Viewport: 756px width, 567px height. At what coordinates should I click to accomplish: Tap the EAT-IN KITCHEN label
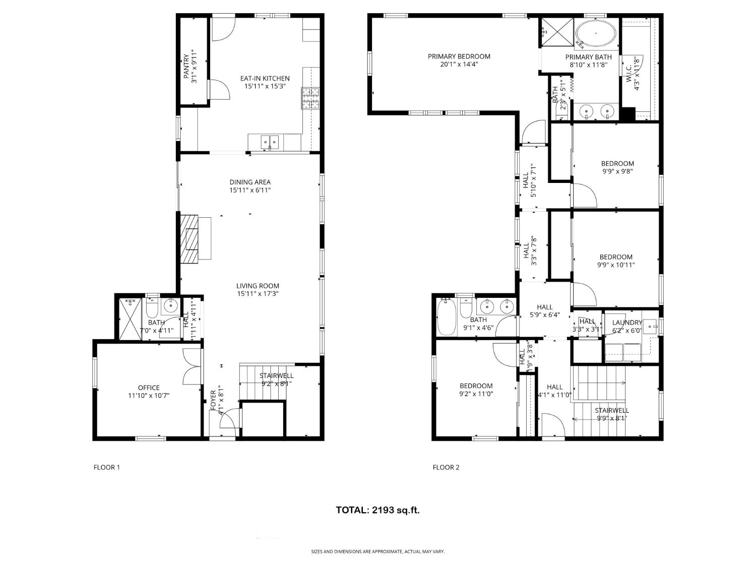point(265,79)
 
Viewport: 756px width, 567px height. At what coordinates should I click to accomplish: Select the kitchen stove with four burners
point(310,98)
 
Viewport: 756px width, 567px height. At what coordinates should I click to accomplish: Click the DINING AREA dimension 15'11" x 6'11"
point(250,190)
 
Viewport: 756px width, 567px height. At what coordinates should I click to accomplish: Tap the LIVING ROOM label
point(258,286)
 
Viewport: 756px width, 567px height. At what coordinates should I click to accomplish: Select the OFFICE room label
point(149,388)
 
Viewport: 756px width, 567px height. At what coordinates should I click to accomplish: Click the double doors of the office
point(192,367)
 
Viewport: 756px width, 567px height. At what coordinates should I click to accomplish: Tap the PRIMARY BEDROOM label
point(459,56)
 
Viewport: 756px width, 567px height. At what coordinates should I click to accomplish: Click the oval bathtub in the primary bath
point(596,34)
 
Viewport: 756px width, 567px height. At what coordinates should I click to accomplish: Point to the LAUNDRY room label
point(627,323)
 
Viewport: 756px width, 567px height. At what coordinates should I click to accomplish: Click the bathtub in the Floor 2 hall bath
point(447,318)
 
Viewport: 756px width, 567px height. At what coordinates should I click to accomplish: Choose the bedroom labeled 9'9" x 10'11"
point(615,261)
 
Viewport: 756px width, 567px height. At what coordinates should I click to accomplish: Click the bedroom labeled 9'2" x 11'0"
point(476,390)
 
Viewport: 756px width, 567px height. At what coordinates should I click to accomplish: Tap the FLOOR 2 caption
point(446,467)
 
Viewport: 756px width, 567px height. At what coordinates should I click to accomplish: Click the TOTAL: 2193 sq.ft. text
point(377,510)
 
